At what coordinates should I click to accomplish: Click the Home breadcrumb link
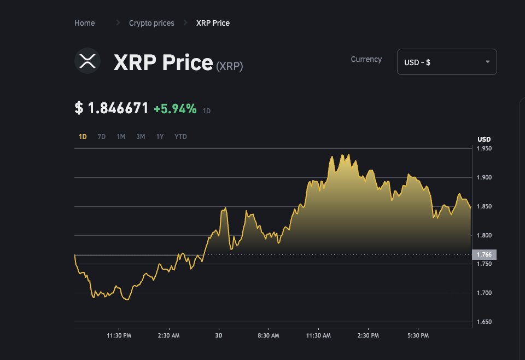coord(84,23)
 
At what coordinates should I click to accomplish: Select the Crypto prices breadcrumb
coord(151,23)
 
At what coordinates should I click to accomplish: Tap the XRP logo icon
coord(87,61)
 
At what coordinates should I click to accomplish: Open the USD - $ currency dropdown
coord(446,62)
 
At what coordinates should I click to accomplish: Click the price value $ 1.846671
coord(112,108)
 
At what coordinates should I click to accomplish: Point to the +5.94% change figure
coord(174,109)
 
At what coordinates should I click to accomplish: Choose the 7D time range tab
coord(101,137)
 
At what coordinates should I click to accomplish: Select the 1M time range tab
coord(121,137)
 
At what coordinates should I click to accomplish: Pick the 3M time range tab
coord(141,137)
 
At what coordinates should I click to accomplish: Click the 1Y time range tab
coord(160,137)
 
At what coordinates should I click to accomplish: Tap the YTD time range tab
coord(180,137)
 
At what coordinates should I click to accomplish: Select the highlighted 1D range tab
coord(83,137)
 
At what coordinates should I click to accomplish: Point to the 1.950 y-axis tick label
coord(484,148)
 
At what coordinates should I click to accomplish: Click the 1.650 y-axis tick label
coord(484,322)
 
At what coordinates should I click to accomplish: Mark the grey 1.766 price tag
coord(484,254)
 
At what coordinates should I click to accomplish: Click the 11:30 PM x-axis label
coord(118,335)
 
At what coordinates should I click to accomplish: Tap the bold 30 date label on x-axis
coord(219,335)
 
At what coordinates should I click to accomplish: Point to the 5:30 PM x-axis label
coord(418,335)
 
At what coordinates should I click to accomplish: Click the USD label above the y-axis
coord(484,139)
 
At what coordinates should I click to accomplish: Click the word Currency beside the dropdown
coord(366,59)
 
